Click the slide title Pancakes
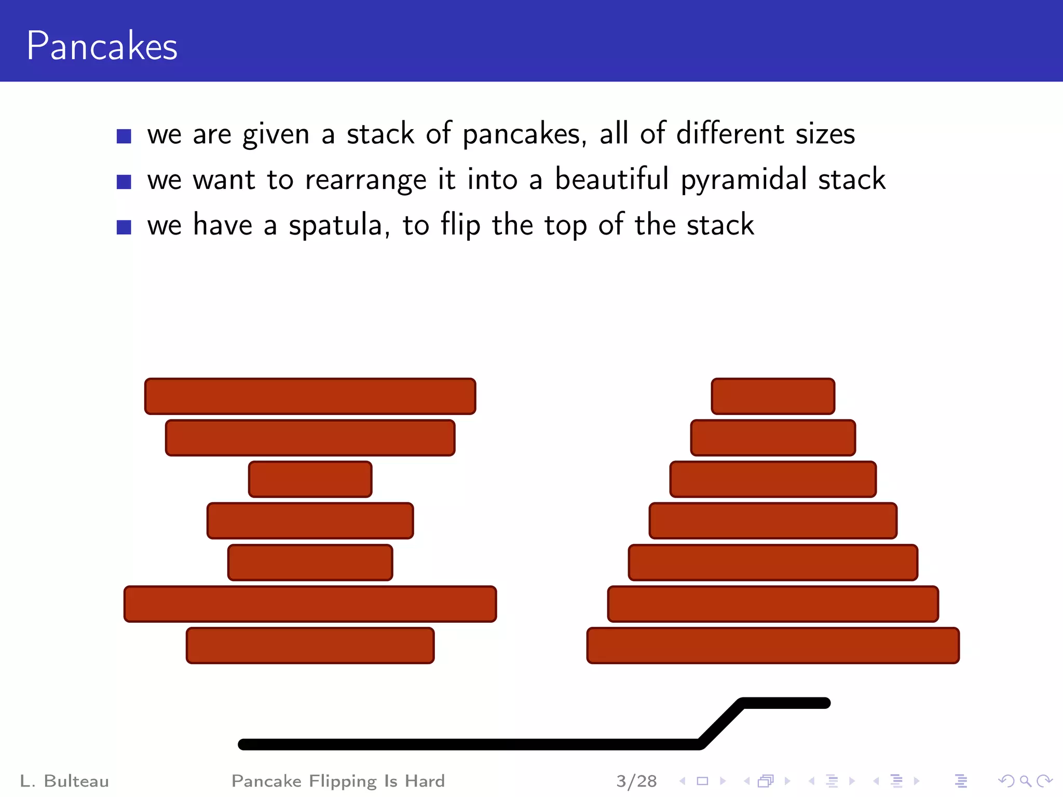click(x=102, y=46)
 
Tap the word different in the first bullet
click(x=730, y=134)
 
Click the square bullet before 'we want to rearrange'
click(x=124, y=182)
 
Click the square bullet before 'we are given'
click(x=124, y=136)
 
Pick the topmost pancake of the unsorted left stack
click(x=310, y=396)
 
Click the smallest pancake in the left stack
click(x=310, y=479)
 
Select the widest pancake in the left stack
click(x=310, y=604)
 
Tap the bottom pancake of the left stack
click(x=310, y=645)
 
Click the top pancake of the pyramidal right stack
click(x=773, y=396)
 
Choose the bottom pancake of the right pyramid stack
click(x=773, y=645)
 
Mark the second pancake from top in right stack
click(x=773, y=438)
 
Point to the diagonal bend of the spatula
click(x=721, y=724)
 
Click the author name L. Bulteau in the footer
click(x=64, y=781)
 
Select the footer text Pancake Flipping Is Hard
click(x=338, y=781)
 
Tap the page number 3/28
click(x=636, y=781)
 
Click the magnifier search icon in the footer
click(x=1025, y=781)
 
